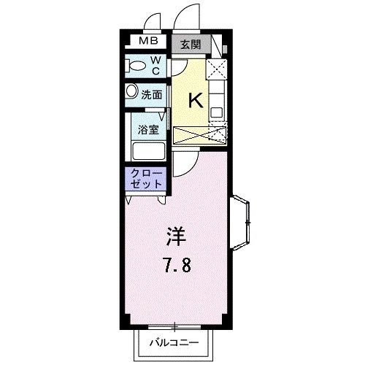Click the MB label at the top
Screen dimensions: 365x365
coord(148,42)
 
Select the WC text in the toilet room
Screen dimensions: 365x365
coord(155,66)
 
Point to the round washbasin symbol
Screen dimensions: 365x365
coord(131,92)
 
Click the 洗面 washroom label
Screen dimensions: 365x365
coord(152,93)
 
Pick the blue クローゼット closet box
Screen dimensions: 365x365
coord(147,179)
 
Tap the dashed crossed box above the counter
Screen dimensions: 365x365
coord(217,70)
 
